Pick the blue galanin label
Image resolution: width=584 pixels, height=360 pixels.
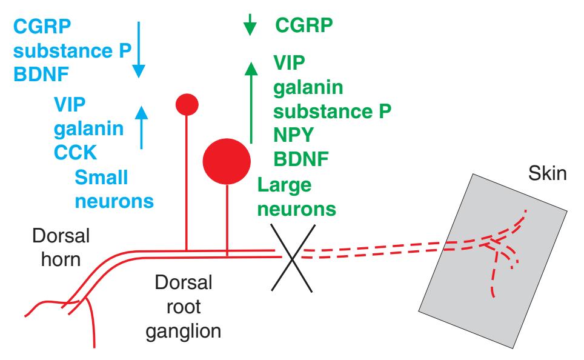click(87, 128)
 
